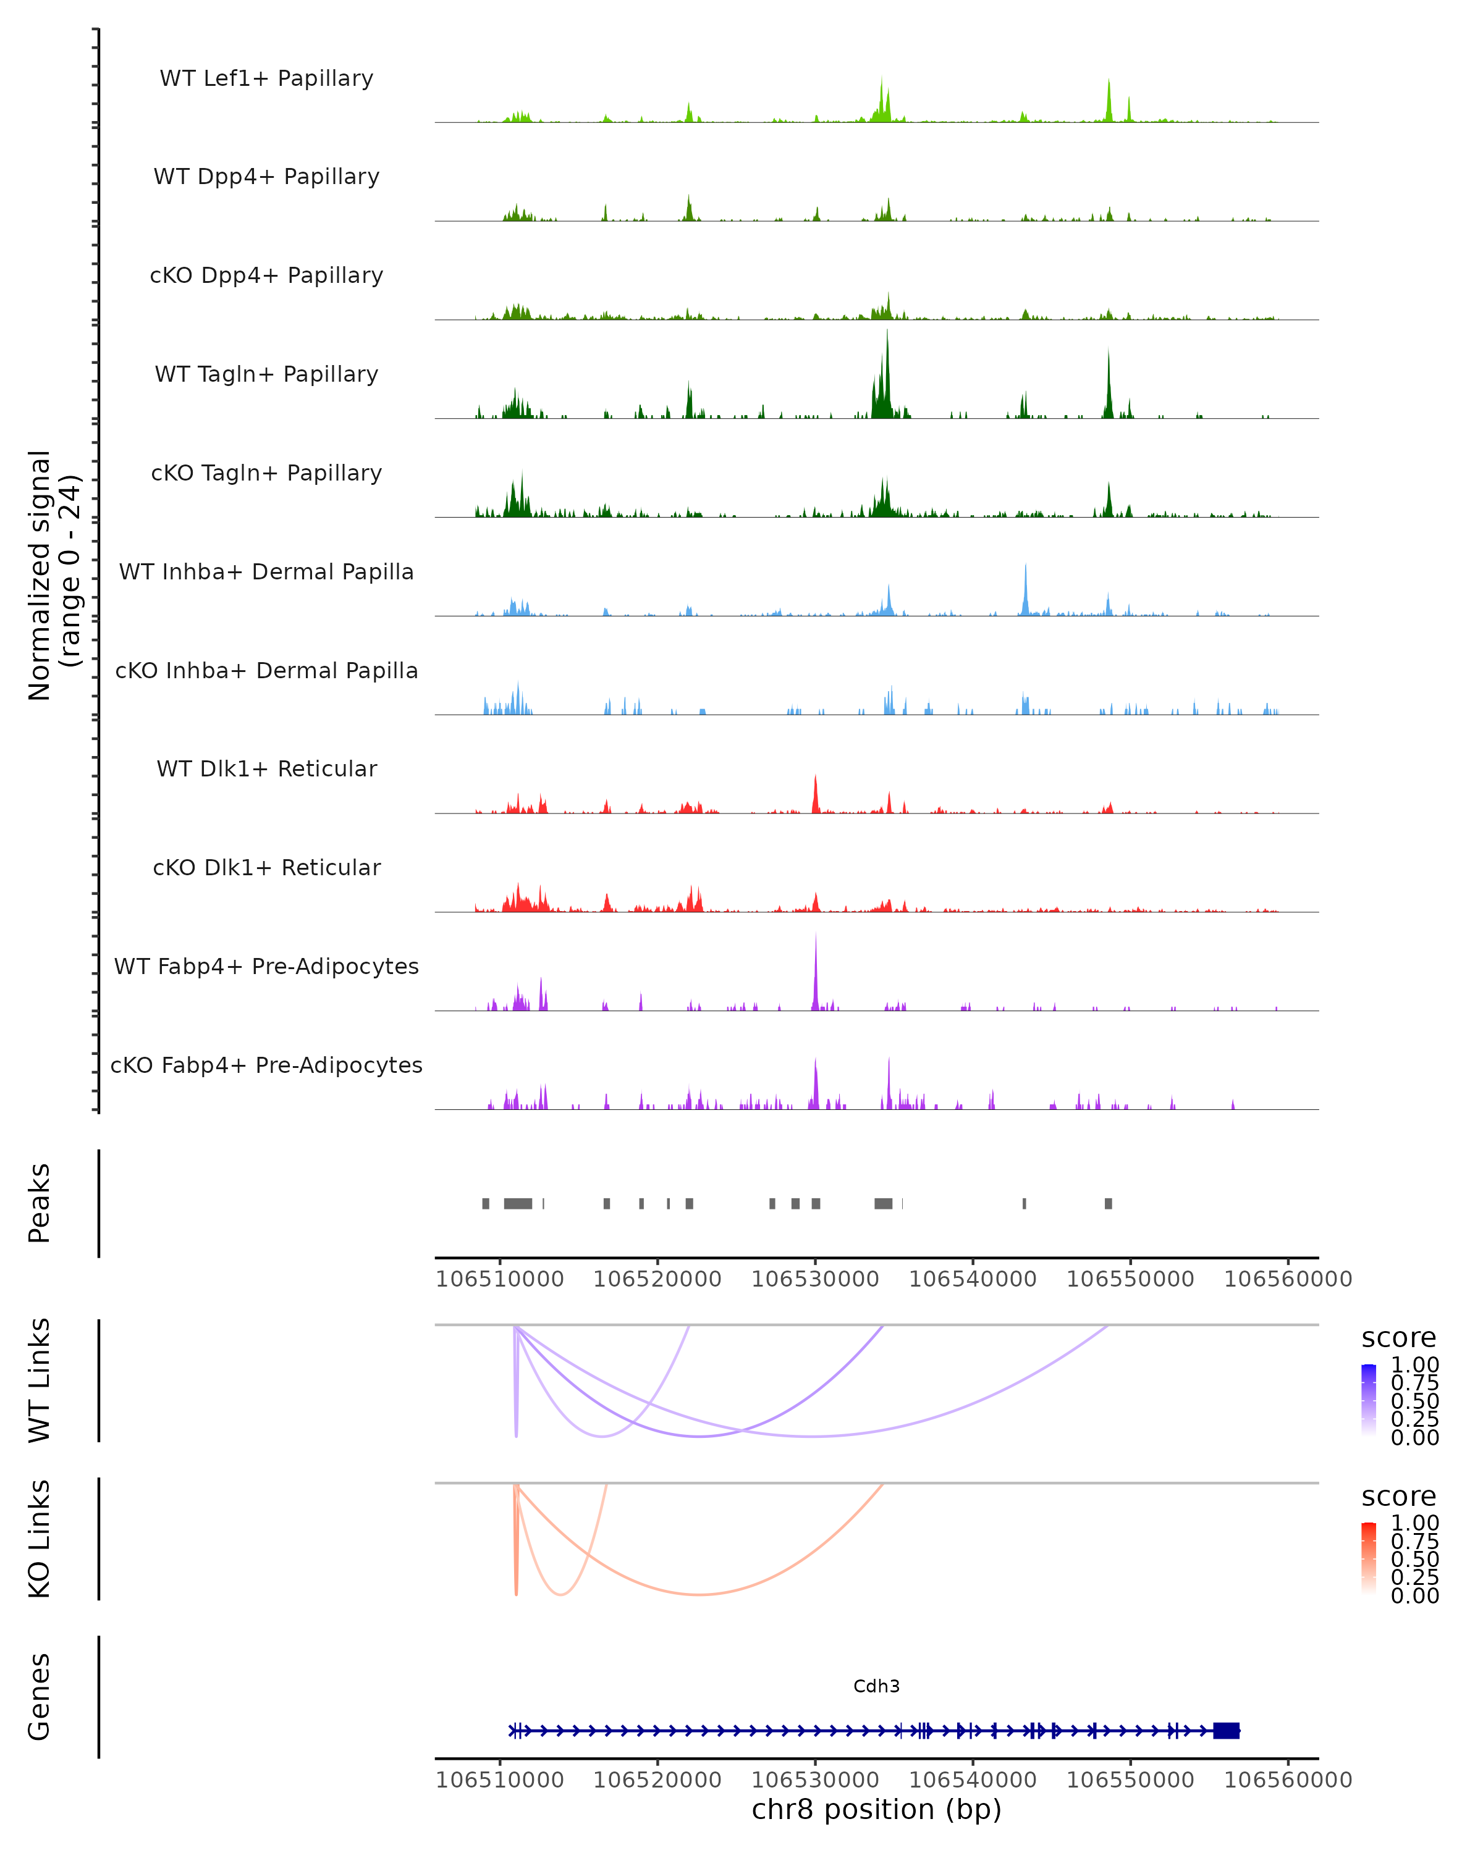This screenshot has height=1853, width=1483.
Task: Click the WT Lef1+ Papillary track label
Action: [266, 78]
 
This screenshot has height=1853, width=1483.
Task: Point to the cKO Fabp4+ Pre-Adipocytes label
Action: [266, 1065]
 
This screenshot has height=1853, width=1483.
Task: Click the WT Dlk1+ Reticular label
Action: [266, 768]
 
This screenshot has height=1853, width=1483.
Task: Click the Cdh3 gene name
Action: [876, 1686]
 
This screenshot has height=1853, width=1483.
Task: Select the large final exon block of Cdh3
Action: [1226, 1730]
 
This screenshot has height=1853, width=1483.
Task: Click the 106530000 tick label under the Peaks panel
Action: [815, 1279]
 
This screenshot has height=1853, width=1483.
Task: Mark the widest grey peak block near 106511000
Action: [518, 1203]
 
